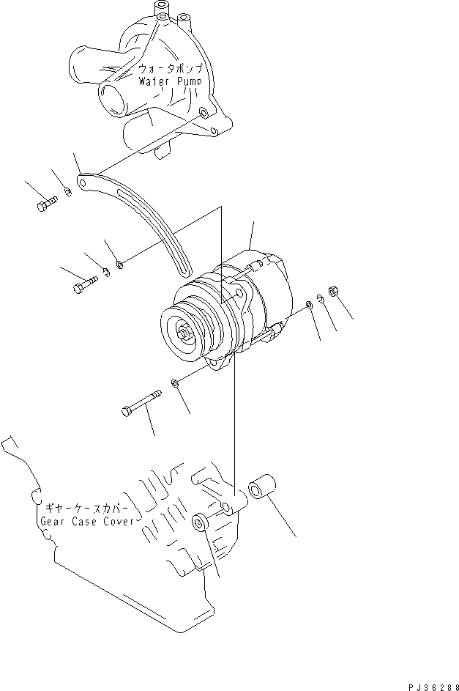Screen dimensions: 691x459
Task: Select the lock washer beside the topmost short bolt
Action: click(x=67, y=193)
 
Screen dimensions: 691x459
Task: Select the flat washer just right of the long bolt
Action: click(x=174, y=383)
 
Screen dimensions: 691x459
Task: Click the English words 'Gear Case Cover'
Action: click(x=87, y=521)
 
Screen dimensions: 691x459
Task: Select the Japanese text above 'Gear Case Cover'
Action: click(x=87, y=508)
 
